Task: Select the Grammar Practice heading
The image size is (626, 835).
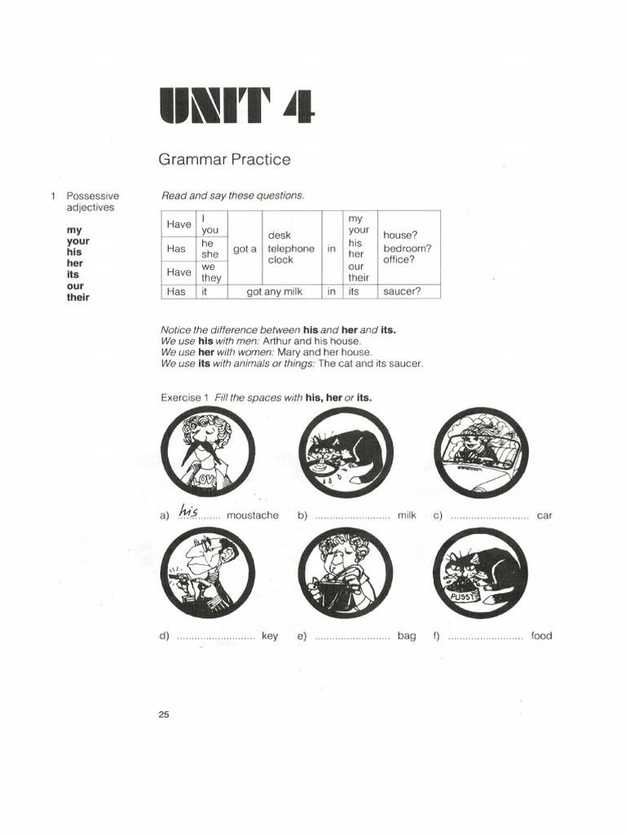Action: pos(224,159)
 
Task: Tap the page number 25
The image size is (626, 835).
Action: pos(164,715)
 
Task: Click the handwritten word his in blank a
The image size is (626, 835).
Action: pos(189,510)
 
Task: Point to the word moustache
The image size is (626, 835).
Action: pos(252,515)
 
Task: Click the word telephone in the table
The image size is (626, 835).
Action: pos(291,249)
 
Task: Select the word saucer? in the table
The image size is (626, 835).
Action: pos(403,291)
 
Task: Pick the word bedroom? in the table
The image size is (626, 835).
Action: pos(408,248)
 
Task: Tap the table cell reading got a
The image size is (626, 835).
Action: pos(245,249)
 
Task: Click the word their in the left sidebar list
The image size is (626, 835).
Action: pos(78,298)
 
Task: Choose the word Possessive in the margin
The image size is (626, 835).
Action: pos(93,196)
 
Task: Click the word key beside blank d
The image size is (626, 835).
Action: pos(270,636)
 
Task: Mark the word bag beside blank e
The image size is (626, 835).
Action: pos(407,636)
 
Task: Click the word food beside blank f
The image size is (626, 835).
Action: pos(541,636)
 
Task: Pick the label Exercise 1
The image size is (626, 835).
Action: pos(184,397)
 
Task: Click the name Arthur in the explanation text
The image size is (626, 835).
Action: pos(278,341)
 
